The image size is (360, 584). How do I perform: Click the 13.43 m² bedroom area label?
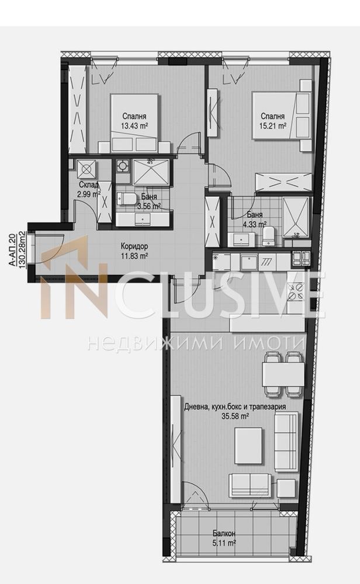(134, 126)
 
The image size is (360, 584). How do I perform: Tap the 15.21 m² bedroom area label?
(273, 126)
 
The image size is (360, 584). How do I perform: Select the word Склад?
(89, 185)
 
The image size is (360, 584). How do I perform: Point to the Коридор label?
(134, 246)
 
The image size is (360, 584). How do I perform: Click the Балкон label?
(224, 534)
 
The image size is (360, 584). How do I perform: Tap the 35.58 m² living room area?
(235, 416)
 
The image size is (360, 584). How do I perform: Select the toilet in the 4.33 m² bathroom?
(268, 236)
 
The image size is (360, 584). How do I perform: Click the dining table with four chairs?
(283, 374)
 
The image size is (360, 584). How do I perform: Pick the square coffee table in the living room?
(248, 446)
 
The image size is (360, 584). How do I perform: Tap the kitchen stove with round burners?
(296, 291)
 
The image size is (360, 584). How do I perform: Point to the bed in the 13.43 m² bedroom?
(134, 123)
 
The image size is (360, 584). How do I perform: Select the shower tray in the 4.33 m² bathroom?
(296, 217)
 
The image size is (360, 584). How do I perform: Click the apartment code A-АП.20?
(12, 250)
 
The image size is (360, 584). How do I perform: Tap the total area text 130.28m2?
(22, 249)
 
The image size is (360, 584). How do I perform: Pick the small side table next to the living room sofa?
(286, 488)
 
